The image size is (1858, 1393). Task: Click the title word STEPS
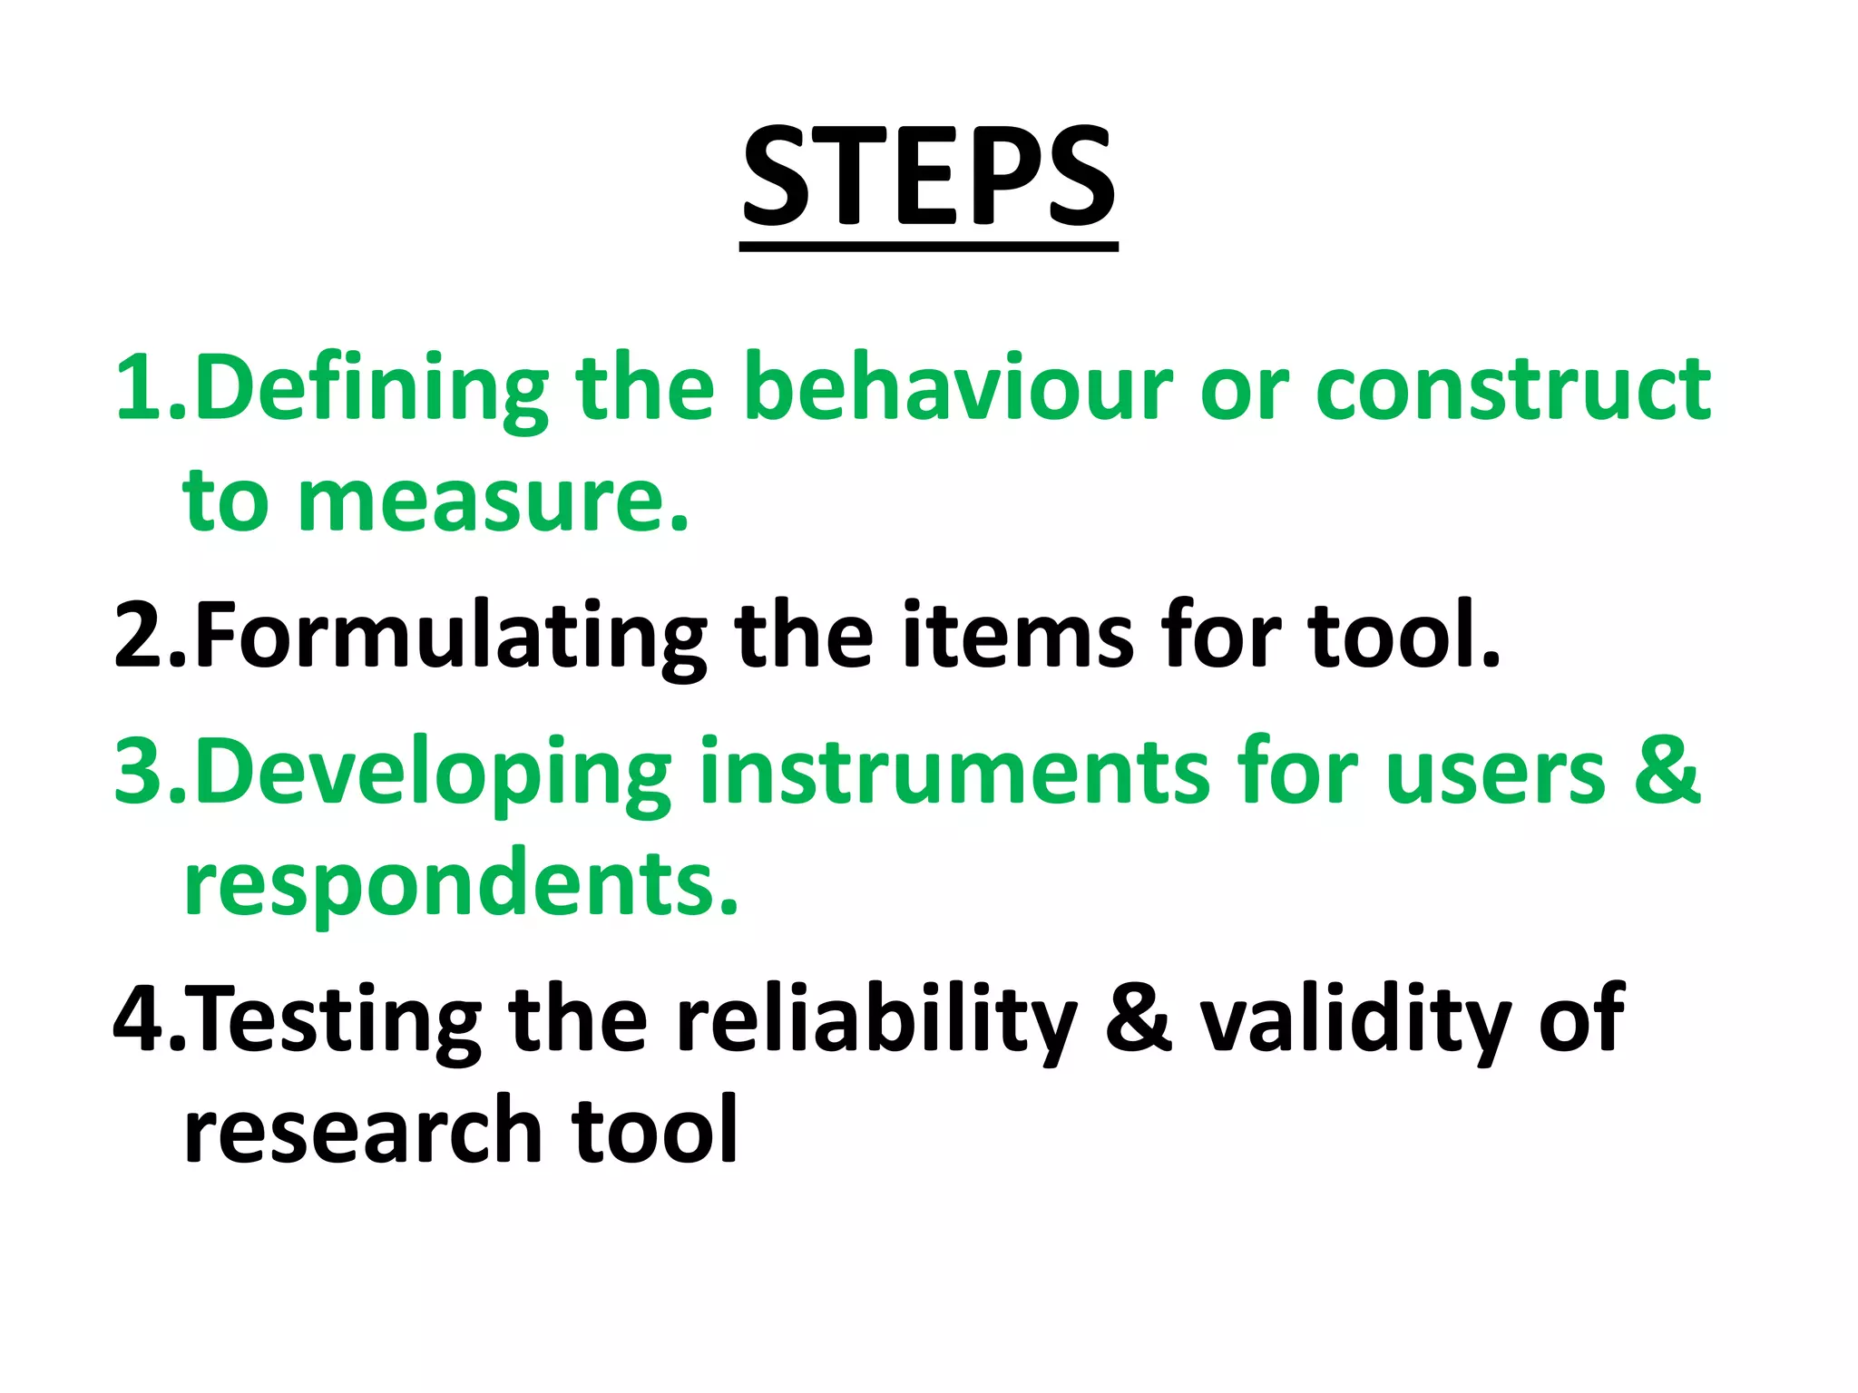click(928, 177)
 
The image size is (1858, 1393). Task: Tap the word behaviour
click(958, 387)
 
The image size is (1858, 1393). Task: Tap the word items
click(1017, 635)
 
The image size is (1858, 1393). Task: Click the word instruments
click(954, 772)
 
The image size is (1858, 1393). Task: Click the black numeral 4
click(141, 1019)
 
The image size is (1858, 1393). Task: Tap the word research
click(362, 1129)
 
